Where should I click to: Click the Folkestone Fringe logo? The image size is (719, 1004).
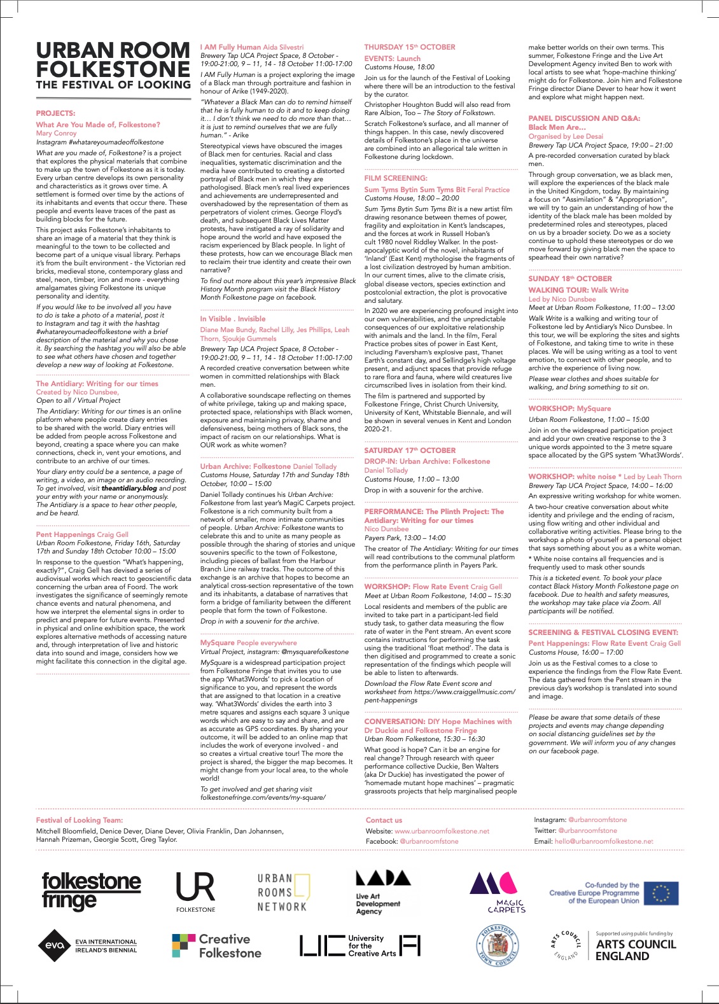coord(91,891)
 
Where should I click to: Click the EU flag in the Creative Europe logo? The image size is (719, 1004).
coord(661,893)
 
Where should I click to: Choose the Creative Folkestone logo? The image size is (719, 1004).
coord(216,945)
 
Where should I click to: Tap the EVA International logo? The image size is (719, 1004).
coord(87,945)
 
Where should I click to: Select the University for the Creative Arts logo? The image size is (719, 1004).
coord(360,945)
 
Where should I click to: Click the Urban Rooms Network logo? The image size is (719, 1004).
coord(283,892)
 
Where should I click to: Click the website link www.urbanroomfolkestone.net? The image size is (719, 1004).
coord(442,831)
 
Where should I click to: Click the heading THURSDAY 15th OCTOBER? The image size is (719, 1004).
coord(410,47)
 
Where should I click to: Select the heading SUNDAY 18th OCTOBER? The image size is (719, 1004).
coord(570,279)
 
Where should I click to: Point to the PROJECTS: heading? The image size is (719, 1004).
coord(55,113)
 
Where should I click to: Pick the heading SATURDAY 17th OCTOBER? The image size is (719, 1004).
coord(410,450)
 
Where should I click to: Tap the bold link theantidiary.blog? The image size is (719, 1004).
coord(129,488)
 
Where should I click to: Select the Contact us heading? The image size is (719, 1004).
coord(384,820)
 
